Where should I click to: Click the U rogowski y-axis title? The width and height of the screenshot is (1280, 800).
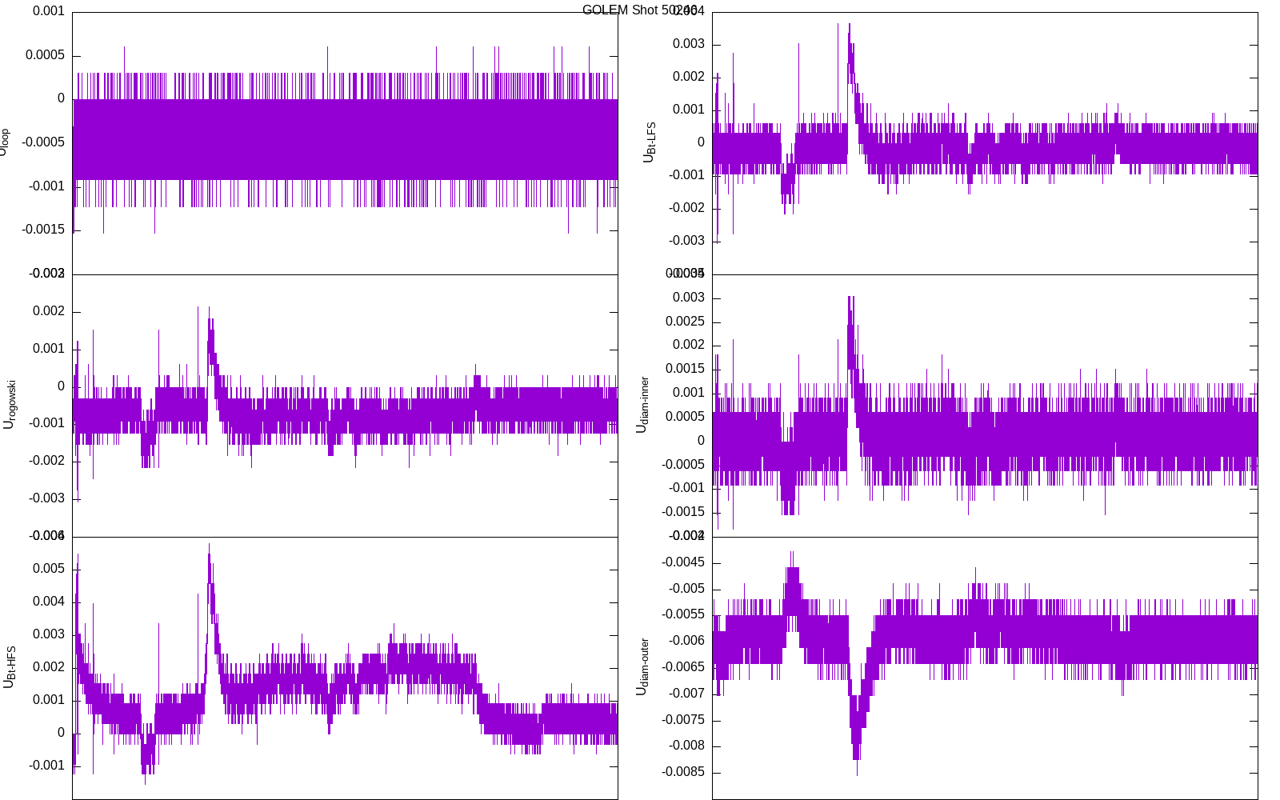click(x=9, y=405)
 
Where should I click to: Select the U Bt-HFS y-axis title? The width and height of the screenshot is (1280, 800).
click(x=9, y=667)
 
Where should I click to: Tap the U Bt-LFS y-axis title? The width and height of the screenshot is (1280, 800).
click(x=649, y=142)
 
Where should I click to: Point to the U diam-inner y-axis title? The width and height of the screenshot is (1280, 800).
click(x=642, y=405)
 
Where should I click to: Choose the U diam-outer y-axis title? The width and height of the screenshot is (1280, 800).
click(x=642, y=667)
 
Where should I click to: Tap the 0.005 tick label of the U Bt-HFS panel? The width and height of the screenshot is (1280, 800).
click(x=49, y=569)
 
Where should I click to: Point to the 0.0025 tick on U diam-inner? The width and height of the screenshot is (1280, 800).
click(x=685, y=322)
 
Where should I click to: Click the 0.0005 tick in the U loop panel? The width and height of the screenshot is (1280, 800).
click(x=45, y=55)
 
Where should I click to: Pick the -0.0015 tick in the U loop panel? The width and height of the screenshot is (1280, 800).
click(x=43, y=230)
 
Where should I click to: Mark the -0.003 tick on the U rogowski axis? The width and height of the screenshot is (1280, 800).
click(x=46, y=498)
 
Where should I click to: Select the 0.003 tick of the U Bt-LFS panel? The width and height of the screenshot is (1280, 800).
click(x=688, y=44)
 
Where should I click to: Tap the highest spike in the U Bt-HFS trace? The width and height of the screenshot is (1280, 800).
click(x=210, y=545)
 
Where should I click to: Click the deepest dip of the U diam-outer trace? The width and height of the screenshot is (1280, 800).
click(x=857, y=774)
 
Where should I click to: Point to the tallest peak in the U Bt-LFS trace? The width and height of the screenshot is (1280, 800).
click(x=850, y=24)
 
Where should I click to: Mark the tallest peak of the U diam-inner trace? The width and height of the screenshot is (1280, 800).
click(x=850, y=297)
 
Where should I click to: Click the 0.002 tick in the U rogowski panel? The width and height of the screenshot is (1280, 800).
click(x=49, y=311)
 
